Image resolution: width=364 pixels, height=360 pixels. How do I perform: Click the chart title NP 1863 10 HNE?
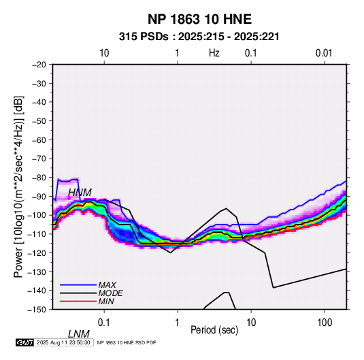pos(199,19)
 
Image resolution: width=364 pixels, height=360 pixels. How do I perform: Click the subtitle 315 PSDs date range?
pos(199,37)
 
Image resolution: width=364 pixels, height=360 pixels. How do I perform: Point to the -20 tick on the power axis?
pos(39,65)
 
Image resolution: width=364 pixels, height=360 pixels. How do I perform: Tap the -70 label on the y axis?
pos(39,159)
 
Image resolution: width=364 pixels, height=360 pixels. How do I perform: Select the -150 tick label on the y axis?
pos(37,310)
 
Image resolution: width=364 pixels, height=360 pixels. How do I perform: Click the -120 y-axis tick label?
pos(37,252)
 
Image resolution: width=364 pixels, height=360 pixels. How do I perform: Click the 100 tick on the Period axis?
pos(325,323)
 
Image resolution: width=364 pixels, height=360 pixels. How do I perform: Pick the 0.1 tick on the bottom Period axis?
pos(104,323)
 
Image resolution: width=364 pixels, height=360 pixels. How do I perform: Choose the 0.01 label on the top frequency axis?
pos(324,53)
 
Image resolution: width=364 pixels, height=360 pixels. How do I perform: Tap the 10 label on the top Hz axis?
pos(104,53)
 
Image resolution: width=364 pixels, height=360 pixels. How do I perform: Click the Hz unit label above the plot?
pos(214,53)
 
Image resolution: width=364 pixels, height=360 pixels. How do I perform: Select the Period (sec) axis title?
pos(214,330)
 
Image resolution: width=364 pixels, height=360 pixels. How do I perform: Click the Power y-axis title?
pos(18,186)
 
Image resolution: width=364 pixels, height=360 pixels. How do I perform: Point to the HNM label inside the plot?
pos(80,193)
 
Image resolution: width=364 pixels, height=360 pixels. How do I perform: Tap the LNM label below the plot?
pos(79,334)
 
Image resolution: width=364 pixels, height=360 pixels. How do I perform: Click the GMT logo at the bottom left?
pos(24,342)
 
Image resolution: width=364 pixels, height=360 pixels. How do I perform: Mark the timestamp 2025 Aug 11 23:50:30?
pos(63,342)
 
